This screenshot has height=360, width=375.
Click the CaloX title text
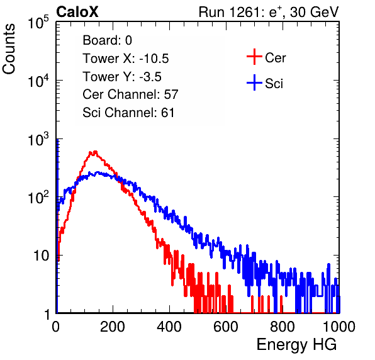pos(77,12)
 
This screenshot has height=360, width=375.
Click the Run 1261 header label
pos(269,12)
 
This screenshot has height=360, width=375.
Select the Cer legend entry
pos(266,57)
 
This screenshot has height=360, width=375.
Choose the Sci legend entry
pos(265,83)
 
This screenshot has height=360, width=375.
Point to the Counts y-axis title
pos(9,49)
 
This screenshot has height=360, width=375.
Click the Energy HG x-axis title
pos(296,345)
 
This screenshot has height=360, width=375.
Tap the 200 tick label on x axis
pos(113,327)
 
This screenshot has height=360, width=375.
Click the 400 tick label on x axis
pos(169,327)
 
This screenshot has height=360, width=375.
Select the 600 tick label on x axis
pos(226,327)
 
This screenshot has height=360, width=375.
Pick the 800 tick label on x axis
pos(283,327)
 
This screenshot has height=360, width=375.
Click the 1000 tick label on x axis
pos(339,327)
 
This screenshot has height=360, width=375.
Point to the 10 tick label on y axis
pos(42,256)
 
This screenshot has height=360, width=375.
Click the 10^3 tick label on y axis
pos(38,139)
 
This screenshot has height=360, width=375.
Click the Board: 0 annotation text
pos(108,40)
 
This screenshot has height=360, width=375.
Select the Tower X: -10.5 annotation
pos(126,59)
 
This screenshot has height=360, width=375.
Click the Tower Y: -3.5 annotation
pos(122,77)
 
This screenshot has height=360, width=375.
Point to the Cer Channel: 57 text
pos(131,94)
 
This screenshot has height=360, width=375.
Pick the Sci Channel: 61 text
pos(128,113)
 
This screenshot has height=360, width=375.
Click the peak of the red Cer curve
pos(96,151)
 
